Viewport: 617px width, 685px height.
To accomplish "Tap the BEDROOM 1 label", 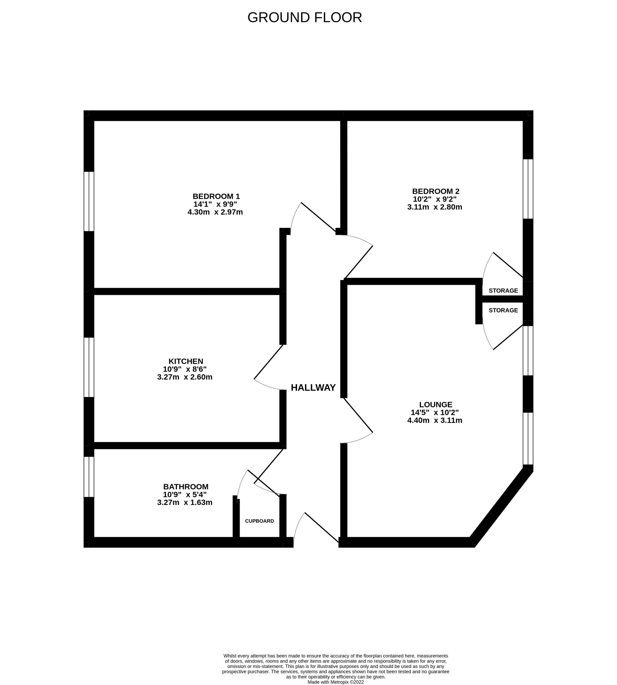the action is coord(216,196).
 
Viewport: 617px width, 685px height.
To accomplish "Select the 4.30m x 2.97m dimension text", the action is coord(215,212).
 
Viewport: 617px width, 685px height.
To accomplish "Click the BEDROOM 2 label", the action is coord(436,191).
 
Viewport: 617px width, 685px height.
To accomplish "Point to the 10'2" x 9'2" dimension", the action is coord(435,199).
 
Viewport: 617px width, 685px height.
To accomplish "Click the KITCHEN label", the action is coord(186,361).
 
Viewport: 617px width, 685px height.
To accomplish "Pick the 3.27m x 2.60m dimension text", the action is coord(185,377).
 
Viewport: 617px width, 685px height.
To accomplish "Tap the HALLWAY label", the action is coord(313,387).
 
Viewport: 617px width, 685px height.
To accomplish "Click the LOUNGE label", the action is coord(436,404).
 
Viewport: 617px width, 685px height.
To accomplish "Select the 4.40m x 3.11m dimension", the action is coord(435,420).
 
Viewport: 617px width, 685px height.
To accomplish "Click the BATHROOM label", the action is coord(186,487).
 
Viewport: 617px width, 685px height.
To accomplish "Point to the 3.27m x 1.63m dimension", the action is coord(185,502).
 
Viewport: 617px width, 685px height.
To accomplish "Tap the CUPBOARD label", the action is coord(259,521).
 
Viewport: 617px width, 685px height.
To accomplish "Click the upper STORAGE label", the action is coord(503,291).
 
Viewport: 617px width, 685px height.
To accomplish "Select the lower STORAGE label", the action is coord(503,310).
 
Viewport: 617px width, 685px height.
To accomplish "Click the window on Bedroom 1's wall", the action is coord(89,201).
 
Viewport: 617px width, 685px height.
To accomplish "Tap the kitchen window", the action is coord(89,367).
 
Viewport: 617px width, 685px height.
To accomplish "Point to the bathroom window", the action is coord(89,477).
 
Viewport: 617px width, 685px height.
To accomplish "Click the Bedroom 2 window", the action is coord(528,189).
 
